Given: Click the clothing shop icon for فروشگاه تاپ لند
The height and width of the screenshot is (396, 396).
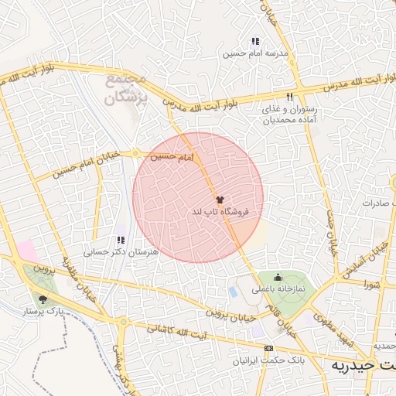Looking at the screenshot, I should tap(219, 199).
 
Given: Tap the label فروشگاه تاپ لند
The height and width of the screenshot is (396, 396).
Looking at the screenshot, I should tap(219, 211).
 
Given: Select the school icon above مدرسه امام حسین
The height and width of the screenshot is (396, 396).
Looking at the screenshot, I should tap(254, 42).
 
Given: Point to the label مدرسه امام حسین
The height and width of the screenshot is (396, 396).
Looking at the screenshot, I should tap(255, 53).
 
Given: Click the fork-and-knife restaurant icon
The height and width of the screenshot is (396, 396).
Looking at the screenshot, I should tap(289, 97).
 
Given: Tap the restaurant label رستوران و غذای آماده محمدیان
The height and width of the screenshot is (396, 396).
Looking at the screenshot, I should tap(289, 115).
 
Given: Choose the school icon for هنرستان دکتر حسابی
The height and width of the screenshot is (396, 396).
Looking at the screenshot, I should tap(121, 241).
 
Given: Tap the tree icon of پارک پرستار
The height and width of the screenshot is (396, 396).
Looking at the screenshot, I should tap(43, 299).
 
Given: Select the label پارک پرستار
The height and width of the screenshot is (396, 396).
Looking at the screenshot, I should tap(43, 311).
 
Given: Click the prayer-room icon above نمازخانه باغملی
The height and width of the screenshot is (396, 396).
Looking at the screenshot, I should tap(278, 278).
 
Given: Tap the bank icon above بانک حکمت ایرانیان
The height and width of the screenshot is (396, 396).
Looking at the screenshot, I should tap(268, 349).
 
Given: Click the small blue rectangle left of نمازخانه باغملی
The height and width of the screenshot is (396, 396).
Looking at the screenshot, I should tap(233, 293).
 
